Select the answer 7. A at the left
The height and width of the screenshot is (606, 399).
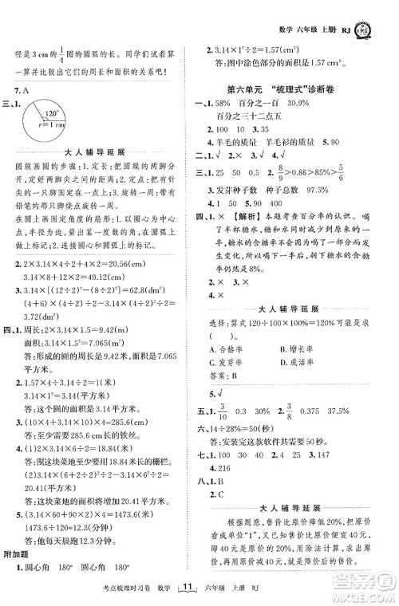click(25, 88)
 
